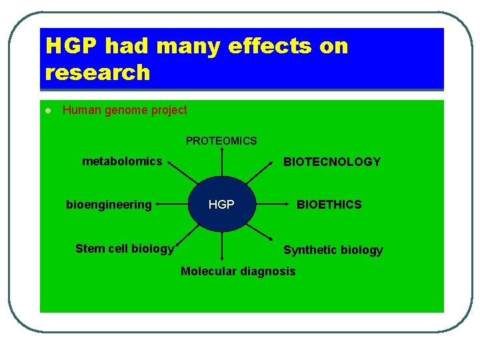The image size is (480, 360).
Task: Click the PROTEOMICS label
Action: [221, 141]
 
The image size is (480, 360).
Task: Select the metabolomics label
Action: [122, 161]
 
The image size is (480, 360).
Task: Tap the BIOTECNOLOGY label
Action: [332, 161]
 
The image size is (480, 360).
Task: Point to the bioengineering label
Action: [109, 205]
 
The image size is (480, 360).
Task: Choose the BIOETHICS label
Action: [329, 205]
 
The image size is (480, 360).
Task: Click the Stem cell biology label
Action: [124, 249]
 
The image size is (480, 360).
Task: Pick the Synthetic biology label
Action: [333, 250]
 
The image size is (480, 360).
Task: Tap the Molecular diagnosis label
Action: [237, 271]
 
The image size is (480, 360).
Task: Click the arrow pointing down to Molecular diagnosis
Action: [222, 246]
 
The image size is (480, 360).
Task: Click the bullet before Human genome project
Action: [48, 111]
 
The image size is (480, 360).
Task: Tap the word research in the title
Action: [98, 72]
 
